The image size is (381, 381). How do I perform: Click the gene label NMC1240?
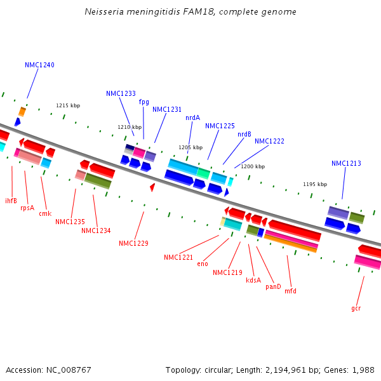coord(39,65)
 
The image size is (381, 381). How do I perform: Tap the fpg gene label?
coord(144,102)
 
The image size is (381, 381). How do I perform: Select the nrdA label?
coord(192,117)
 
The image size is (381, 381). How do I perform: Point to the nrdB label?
coord(244,134)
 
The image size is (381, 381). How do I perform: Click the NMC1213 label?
coord(346,163)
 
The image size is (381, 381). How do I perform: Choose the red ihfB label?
coord(11,201)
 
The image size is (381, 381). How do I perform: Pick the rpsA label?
coord(27,208)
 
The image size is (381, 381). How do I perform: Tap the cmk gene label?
coord(45,213)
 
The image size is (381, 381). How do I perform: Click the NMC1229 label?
coord(133,243)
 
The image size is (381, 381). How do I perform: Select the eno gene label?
coord(203,264)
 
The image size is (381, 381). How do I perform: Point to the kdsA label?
coord(253,280)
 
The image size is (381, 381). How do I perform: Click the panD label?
coord(273,286)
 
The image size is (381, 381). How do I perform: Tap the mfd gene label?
coord(290,291)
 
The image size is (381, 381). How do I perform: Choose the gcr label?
coord(356,308)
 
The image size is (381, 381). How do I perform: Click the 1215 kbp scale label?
coord(68,105)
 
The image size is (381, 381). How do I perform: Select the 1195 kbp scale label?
coord(315,184)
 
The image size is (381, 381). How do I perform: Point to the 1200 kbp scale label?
coord(253,166)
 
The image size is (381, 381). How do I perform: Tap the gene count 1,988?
coord(363,370)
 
